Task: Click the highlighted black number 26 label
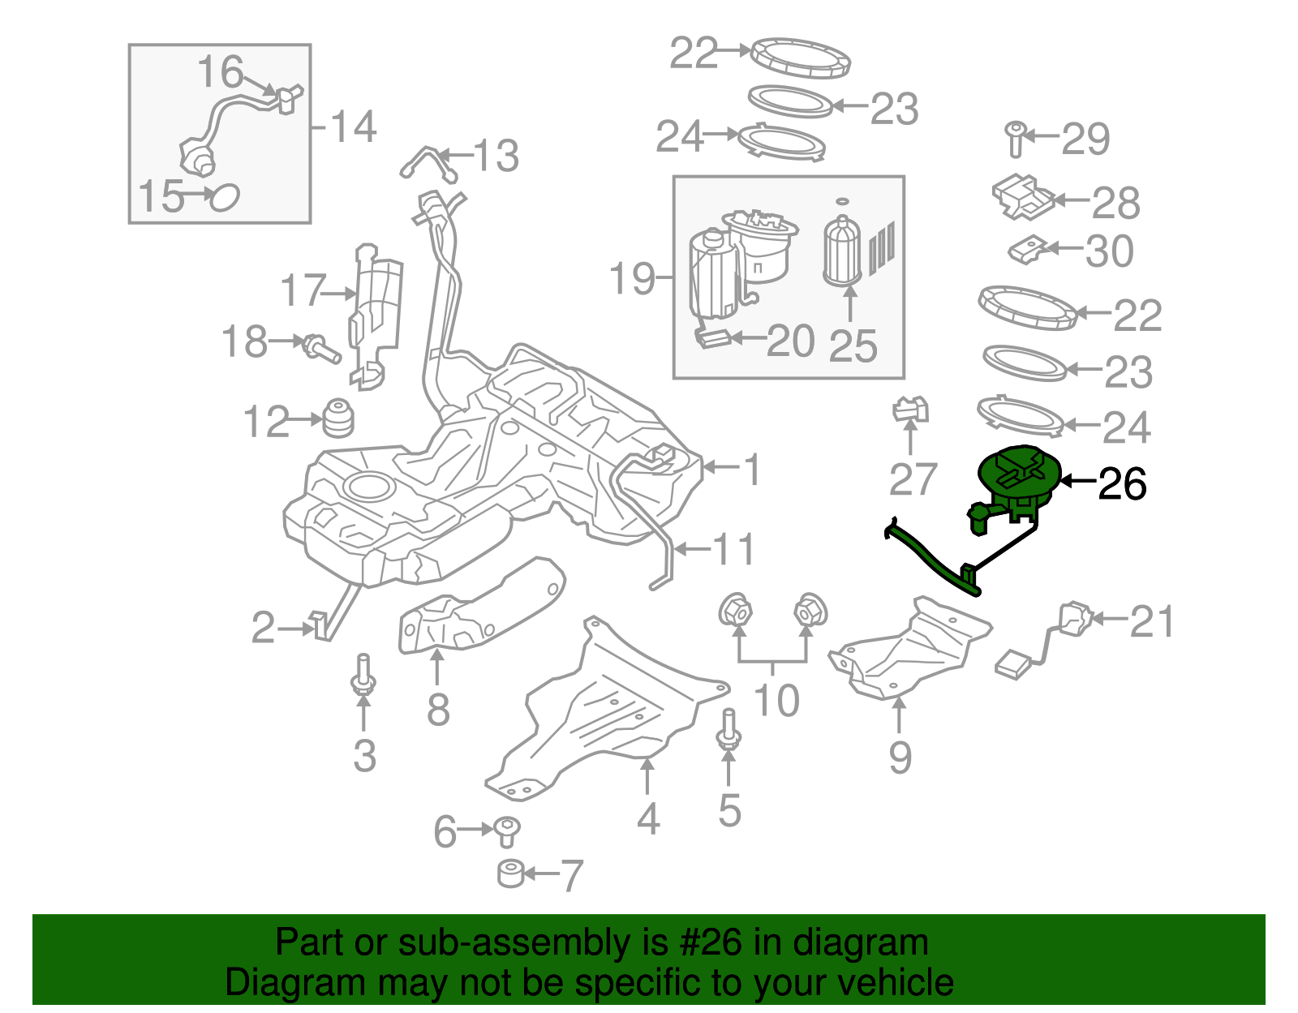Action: pos(1122,484)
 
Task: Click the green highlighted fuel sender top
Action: pos(1019,472)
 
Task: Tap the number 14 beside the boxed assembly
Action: pos(355,127)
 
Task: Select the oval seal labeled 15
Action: pos(224,196)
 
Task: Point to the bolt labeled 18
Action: pos(321,349)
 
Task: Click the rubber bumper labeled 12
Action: pos(339,418)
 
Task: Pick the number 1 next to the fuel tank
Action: pos(753,470)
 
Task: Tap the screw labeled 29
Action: pos(1016,140)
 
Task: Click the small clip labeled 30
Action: pos(1029,248)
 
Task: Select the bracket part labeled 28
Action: pos(1022,197)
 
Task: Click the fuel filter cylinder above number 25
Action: pos(843,251)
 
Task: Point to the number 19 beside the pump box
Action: pos(632,278)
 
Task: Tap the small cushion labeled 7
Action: pos(511,874)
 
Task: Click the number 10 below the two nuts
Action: pos(776,699)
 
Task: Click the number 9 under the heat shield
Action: pos(900,757)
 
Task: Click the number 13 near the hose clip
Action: pos(496,156)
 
